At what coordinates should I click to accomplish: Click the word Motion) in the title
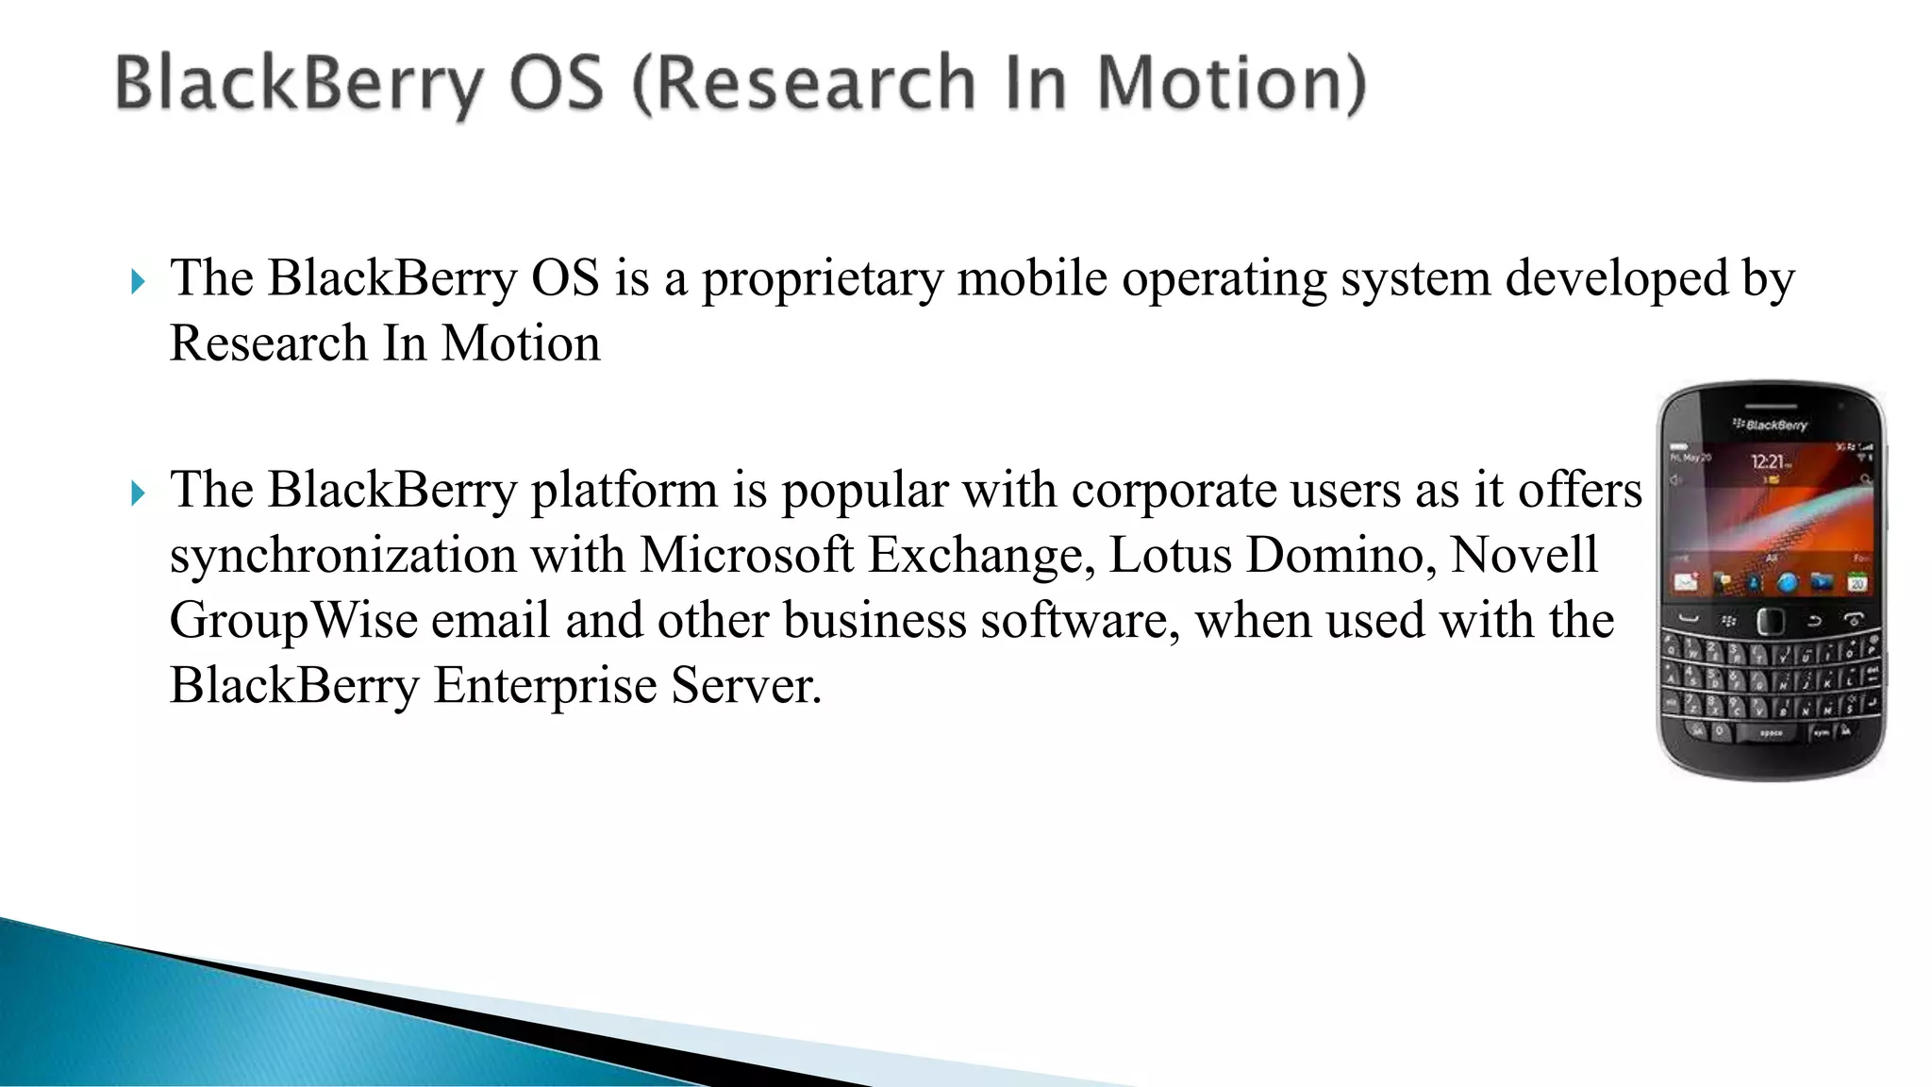click(x=1231, y=83)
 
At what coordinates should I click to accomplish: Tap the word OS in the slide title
click(x=557, y=83)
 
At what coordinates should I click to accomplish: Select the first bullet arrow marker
click(x=139, y=281)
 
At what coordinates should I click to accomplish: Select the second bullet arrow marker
click(x=139, y=493)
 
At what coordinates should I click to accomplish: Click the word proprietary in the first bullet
click(x=822, y=279)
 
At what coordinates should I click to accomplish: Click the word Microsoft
click(x=746, y=555)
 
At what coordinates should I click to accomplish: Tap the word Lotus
click(x=1170, y=555)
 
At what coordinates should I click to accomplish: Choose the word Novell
click(x=1524, y=555)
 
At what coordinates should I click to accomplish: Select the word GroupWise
click(x=293, y=621)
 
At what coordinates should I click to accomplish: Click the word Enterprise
click(x=544, y=685)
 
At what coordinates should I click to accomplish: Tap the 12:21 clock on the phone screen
click(x=1768, y=461)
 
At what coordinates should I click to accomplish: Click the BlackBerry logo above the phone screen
click(x=1771, y=425)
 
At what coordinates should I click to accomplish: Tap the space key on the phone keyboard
click(x=1771, y=732)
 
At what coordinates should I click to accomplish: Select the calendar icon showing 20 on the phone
click(x=1857, y=583)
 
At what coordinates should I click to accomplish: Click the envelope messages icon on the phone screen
click(x=1686, y=583)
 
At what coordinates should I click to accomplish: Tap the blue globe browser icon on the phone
click(x=1787, y=583)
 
